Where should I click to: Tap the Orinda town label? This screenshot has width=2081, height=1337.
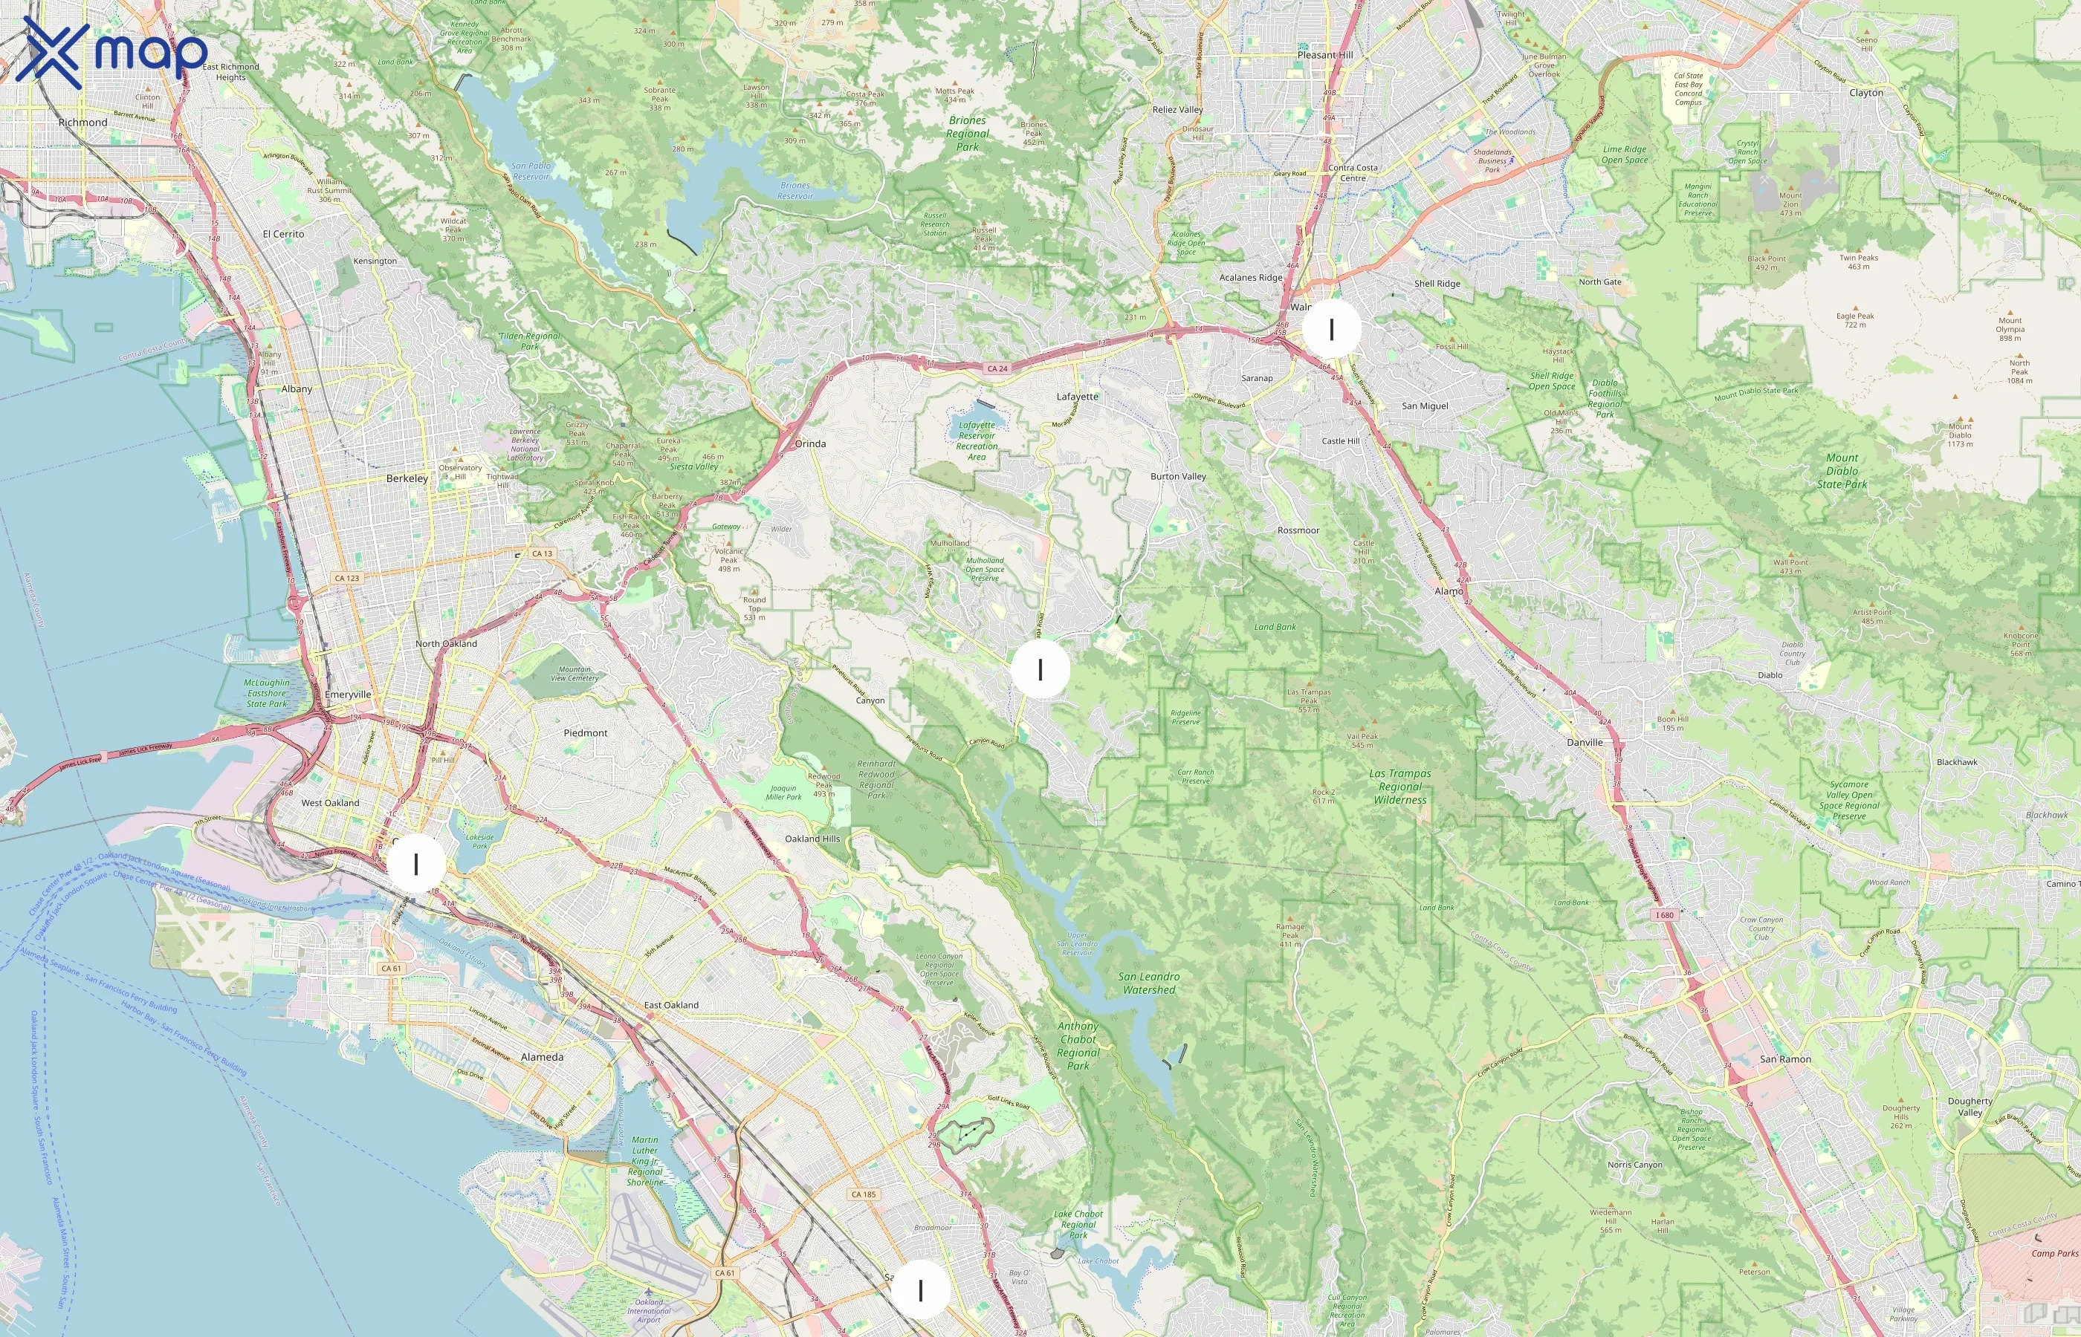[810, 443]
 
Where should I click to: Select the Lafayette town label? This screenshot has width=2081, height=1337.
[1077, 397]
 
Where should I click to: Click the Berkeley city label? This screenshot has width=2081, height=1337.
[407, 478]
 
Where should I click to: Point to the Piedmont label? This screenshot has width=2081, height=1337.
[586, 732]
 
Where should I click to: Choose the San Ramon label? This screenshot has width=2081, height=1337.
[1785, 1059]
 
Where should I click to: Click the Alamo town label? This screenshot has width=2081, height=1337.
[1448, 591]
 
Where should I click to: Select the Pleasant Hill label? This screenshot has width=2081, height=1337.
[1324, 55]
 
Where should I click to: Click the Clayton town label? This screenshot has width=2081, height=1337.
[1865, 93]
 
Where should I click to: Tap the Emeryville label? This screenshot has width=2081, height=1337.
[347, 694]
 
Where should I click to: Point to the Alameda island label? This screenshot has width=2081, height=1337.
[542, 1058]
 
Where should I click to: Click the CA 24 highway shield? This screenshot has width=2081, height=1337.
[997, 369]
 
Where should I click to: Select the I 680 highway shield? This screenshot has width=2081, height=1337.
[1663, 915]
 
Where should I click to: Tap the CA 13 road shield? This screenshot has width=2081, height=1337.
[542, 554]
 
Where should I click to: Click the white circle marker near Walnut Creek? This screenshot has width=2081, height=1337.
[1330, 329]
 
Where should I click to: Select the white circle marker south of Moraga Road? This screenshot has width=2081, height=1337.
[1040, 669]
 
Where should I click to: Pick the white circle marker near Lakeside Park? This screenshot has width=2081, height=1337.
[416, 864]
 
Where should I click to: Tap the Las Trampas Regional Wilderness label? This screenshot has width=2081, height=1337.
[1399, 787]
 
